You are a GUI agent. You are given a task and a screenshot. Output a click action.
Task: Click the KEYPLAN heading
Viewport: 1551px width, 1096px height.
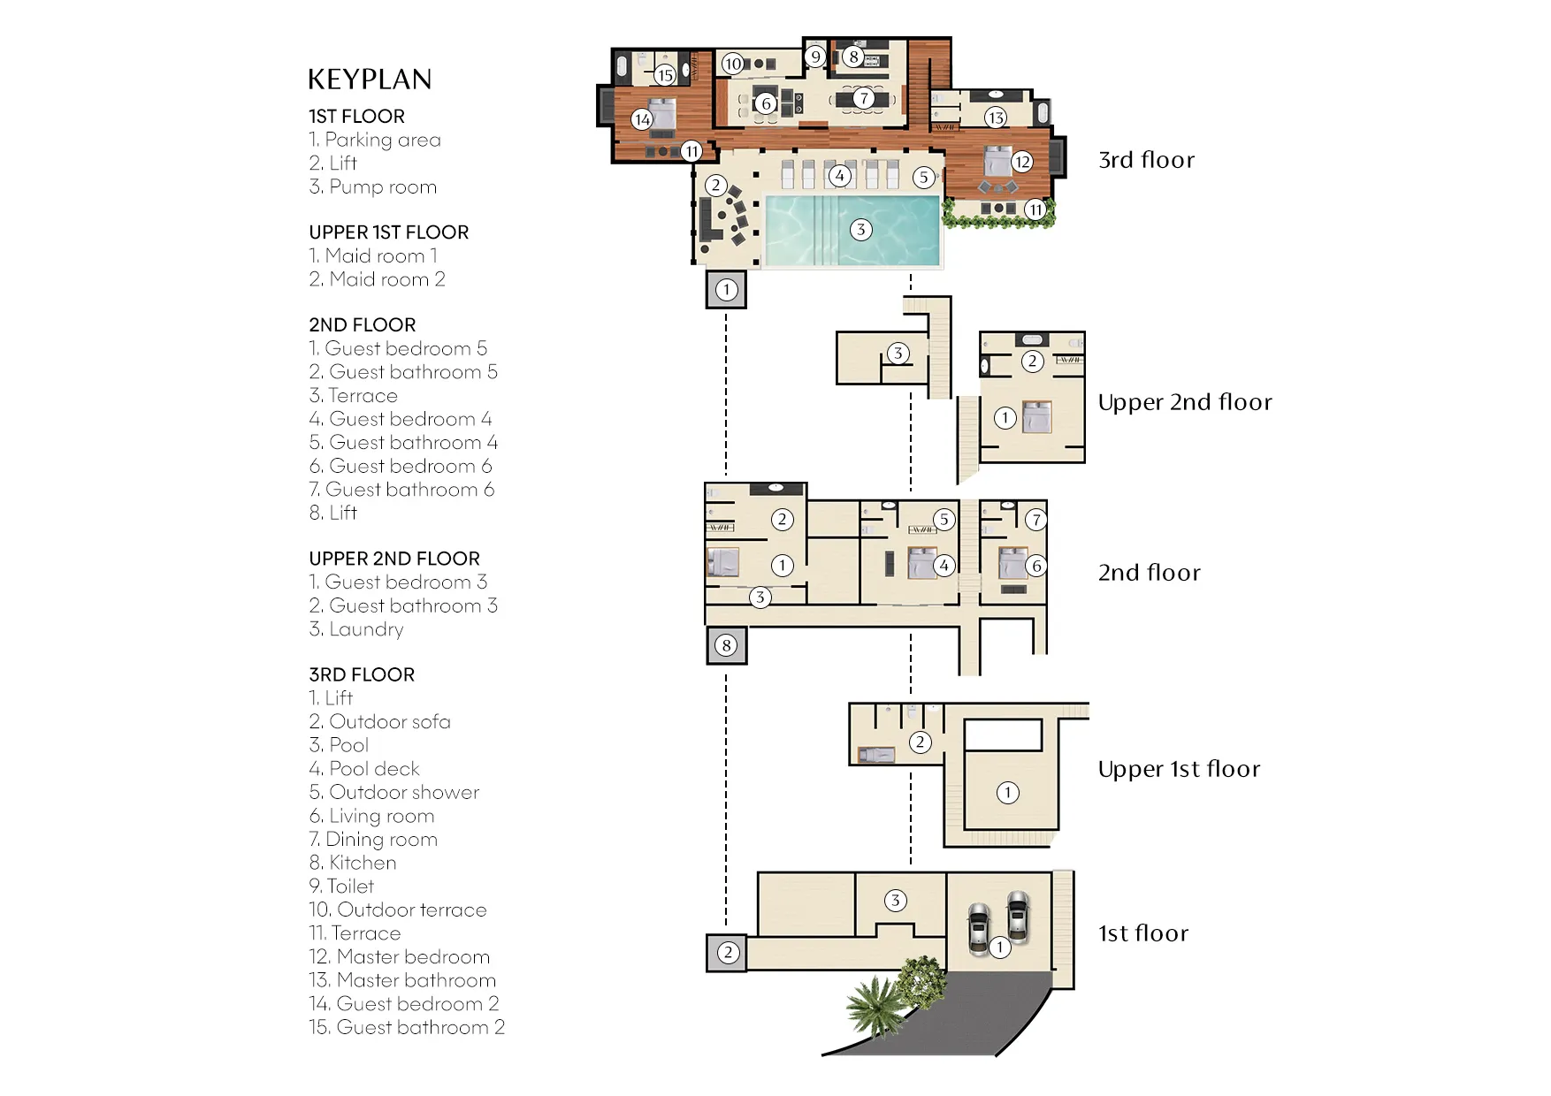coord(370,80)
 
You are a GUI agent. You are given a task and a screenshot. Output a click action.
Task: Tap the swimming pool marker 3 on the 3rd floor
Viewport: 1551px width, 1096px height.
coord(860,230)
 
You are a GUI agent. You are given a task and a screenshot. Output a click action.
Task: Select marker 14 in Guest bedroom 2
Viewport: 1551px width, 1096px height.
coord(642,119)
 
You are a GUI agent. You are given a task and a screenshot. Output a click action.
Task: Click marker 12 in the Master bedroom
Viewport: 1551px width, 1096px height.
coord(1022,162)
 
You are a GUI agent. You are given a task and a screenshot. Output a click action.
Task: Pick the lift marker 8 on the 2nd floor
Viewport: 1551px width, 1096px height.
coord(726,645)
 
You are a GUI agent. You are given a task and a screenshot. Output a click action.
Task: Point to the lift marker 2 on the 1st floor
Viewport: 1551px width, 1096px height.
coord(727,953)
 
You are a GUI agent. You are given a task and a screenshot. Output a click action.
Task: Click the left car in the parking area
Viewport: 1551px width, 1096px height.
coord(979,929)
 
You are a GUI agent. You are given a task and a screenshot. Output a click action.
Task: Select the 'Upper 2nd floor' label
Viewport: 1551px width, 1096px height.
coord(1184,402)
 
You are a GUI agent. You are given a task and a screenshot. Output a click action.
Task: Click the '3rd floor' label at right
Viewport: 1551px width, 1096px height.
coord(1146,160)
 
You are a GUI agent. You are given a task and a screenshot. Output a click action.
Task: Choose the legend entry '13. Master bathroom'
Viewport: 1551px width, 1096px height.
coord(402,980)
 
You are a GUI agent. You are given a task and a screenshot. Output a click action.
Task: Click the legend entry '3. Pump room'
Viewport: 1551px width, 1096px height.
coord(372,186)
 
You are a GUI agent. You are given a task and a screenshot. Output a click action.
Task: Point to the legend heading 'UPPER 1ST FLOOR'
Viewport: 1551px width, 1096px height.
coord(388,232)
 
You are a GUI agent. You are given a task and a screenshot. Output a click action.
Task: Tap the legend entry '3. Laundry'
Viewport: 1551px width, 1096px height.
coord(355,629)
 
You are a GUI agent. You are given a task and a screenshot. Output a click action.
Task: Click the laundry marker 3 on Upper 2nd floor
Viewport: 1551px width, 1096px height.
coord(898,354)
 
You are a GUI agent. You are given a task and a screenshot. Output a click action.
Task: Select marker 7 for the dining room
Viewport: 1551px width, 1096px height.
coord(863,98)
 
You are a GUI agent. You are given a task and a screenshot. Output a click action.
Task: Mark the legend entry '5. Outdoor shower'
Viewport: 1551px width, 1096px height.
coord(393,792)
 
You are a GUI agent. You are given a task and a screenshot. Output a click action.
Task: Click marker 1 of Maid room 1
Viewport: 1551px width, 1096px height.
coord(1007,793)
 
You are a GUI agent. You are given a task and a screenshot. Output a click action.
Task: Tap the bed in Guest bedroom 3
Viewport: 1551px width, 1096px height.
coord(1037,416)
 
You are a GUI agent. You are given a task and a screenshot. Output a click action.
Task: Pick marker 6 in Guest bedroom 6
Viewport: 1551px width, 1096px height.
coord(1036,566)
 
